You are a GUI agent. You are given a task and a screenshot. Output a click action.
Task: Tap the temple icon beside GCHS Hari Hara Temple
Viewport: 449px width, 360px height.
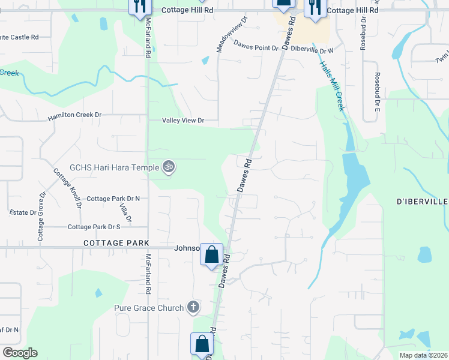(x=169, y=167)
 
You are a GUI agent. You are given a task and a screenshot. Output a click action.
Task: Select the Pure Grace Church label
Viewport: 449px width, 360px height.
(x=149, y=308)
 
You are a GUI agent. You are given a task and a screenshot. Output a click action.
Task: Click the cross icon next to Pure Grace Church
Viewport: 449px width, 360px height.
(x=193, y=308)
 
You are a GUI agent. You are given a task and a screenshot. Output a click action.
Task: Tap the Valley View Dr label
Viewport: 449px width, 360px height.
(x=183, y=121)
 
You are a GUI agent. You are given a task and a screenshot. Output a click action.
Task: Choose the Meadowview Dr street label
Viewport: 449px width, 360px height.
(x=228, y=37)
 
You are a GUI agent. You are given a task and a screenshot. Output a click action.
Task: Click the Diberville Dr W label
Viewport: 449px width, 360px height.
(x=312, y=50)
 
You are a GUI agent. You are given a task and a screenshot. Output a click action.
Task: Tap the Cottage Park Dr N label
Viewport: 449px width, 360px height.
(x=113, y=199)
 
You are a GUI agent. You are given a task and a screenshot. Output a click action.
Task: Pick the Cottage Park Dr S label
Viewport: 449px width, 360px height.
(x=94, y=227)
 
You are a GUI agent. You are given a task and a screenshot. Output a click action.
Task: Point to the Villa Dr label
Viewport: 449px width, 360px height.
(x=125, y=213)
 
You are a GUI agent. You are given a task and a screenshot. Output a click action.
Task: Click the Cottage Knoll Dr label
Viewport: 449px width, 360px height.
(x=67, y=188)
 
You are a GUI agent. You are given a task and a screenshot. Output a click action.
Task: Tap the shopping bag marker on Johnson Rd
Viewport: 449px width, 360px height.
(x=211, y=254)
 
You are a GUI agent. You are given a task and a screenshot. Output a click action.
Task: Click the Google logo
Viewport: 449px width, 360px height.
(x=20, y=352)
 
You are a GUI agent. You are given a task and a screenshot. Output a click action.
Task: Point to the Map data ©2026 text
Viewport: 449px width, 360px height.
(x=423, y=355)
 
